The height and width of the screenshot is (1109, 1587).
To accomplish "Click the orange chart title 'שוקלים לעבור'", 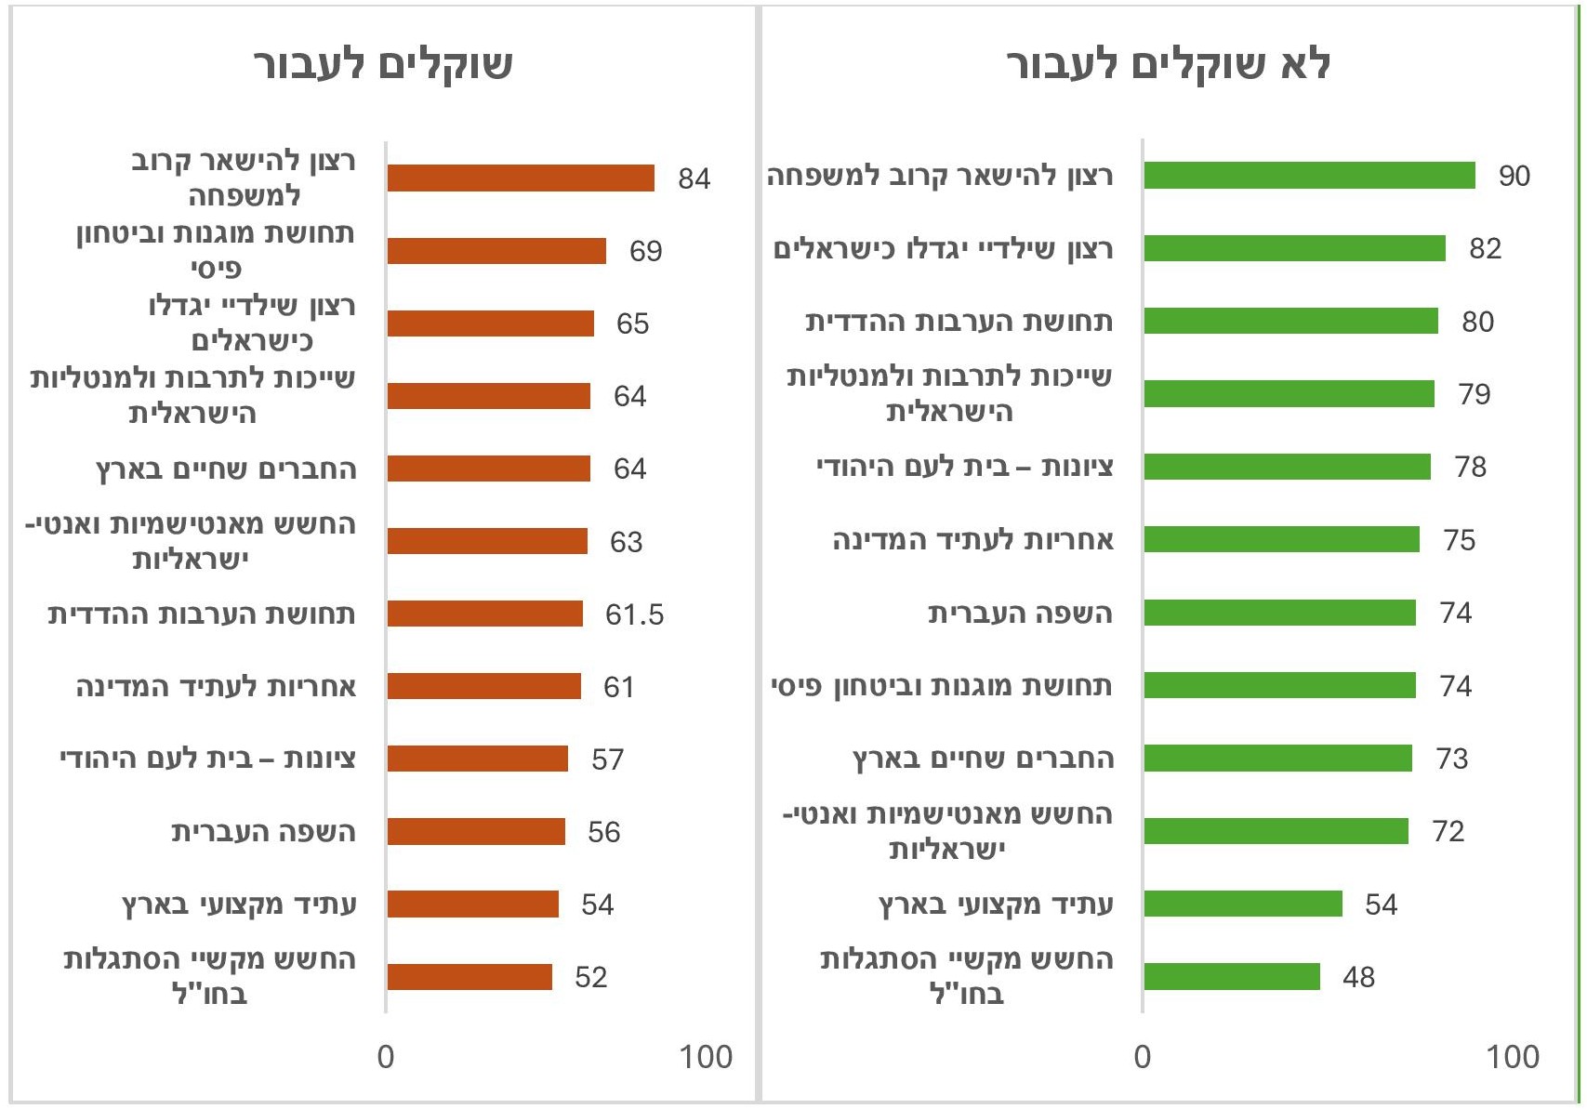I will pos(383,65).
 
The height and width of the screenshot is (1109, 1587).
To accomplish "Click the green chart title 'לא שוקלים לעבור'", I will pos(1168,65).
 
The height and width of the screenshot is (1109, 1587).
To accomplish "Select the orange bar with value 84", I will pos(521,178).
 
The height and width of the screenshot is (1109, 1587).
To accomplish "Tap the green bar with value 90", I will pos(1309,176).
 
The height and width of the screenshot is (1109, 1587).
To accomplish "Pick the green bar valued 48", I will pos(1232,976).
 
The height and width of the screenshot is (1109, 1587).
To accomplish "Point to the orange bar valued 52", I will pos(469,977).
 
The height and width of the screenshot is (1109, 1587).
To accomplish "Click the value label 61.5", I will pos(634,614).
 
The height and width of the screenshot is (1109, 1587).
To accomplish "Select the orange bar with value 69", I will pos(496,251).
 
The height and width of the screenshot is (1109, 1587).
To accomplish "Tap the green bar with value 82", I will pos(1294,248).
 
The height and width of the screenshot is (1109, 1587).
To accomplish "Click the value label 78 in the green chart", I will pos(1470,467).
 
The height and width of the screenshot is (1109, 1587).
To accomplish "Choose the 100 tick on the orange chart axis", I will pos(706,1057).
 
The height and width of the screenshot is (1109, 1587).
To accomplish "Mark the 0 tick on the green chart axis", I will pos(1143,1057).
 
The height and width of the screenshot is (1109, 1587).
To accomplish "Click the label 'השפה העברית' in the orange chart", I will pos(263,832).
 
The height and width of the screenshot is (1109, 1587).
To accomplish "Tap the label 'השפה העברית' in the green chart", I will pos(1020,614).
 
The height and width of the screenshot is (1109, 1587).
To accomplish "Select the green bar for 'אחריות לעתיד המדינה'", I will pos(1281,539).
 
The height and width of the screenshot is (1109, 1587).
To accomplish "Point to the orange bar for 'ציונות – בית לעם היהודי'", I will pos(477,759).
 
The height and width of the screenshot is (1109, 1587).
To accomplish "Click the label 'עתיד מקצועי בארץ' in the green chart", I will pos(996,904).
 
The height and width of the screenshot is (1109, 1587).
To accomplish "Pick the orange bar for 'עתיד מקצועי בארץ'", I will pos(472,904).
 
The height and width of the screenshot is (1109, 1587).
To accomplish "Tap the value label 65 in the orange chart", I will pos(632,323).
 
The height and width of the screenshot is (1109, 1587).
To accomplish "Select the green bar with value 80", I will pos(1290,321).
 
